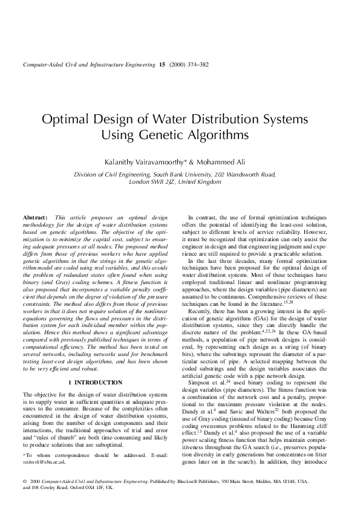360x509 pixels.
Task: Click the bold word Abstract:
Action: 35,217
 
